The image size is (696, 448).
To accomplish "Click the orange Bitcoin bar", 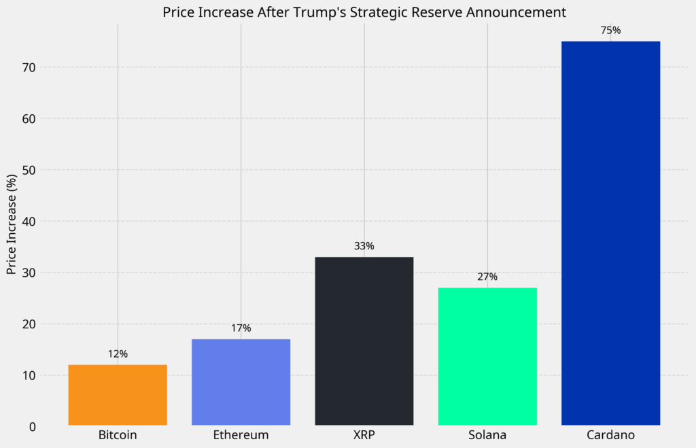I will (x=118, y=395).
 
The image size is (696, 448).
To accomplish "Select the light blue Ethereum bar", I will (x=241, y=382).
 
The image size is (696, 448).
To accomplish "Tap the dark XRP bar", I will (x=364, y=341).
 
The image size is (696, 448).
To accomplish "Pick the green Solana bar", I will (x=487, y=356).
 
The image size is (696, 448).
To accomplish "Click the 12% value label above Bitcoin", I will (x=118, y=354).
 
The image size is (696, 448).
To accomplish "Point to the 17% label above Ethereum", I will (x=241, y=328).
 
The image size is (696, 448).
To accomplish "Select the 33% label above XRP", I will (x=364, y=246).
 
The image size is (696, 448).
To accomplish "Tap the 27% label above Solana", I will (x=487, y=277).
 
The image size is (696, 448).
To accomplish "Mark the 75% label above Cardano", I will (x=610, y=31).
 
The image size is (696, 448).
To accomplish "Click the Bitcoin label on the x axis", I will (x=118, y=435).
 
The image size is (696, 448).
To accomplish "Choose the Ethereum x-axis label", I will (x=241, y=435).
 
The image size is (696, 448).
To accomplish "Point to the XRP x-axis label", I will (x=364, y=435).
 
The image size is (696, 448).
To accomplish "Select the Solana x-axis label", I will (x=487, y=435).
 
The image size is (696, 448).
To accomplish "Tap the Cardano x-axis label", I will (x=610, y=435).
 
